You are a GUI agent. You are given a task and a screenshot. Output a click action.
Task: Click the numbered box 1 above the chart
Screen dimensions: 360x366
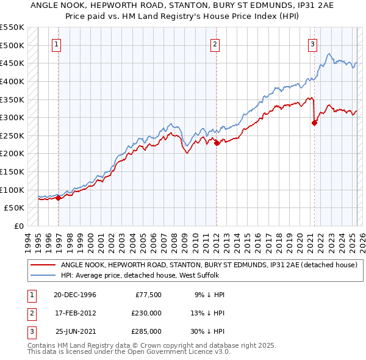point(56,43)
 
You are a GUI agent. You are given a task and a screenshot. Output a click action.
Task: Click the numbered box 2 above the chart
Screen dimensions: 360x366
point(215,43)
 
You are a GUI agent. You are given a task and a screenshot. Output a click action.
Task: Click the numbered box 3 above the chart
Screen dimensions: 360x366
point(312,43)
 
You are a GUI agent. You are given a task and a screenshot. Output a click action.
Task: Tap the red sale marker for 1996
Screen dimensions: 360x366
point(59,198)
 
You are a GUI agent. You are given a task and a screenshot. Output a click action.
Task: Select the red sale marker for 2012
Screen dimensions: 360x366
point(217,143)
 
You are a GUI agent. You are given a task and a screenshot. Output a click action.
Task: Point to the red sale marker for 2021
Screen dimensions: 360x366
point(315,123)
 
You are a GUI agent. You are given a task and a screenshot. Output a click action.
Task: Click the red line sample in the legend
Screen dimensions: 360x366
point(43,265)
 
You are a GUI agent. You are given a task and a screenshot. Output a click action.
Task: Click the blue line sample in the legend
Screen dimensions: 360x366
point(43,276)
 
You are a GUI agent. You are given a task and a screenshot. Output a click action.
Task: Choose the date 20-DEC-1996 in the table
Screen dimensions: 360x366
point(75,295)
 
